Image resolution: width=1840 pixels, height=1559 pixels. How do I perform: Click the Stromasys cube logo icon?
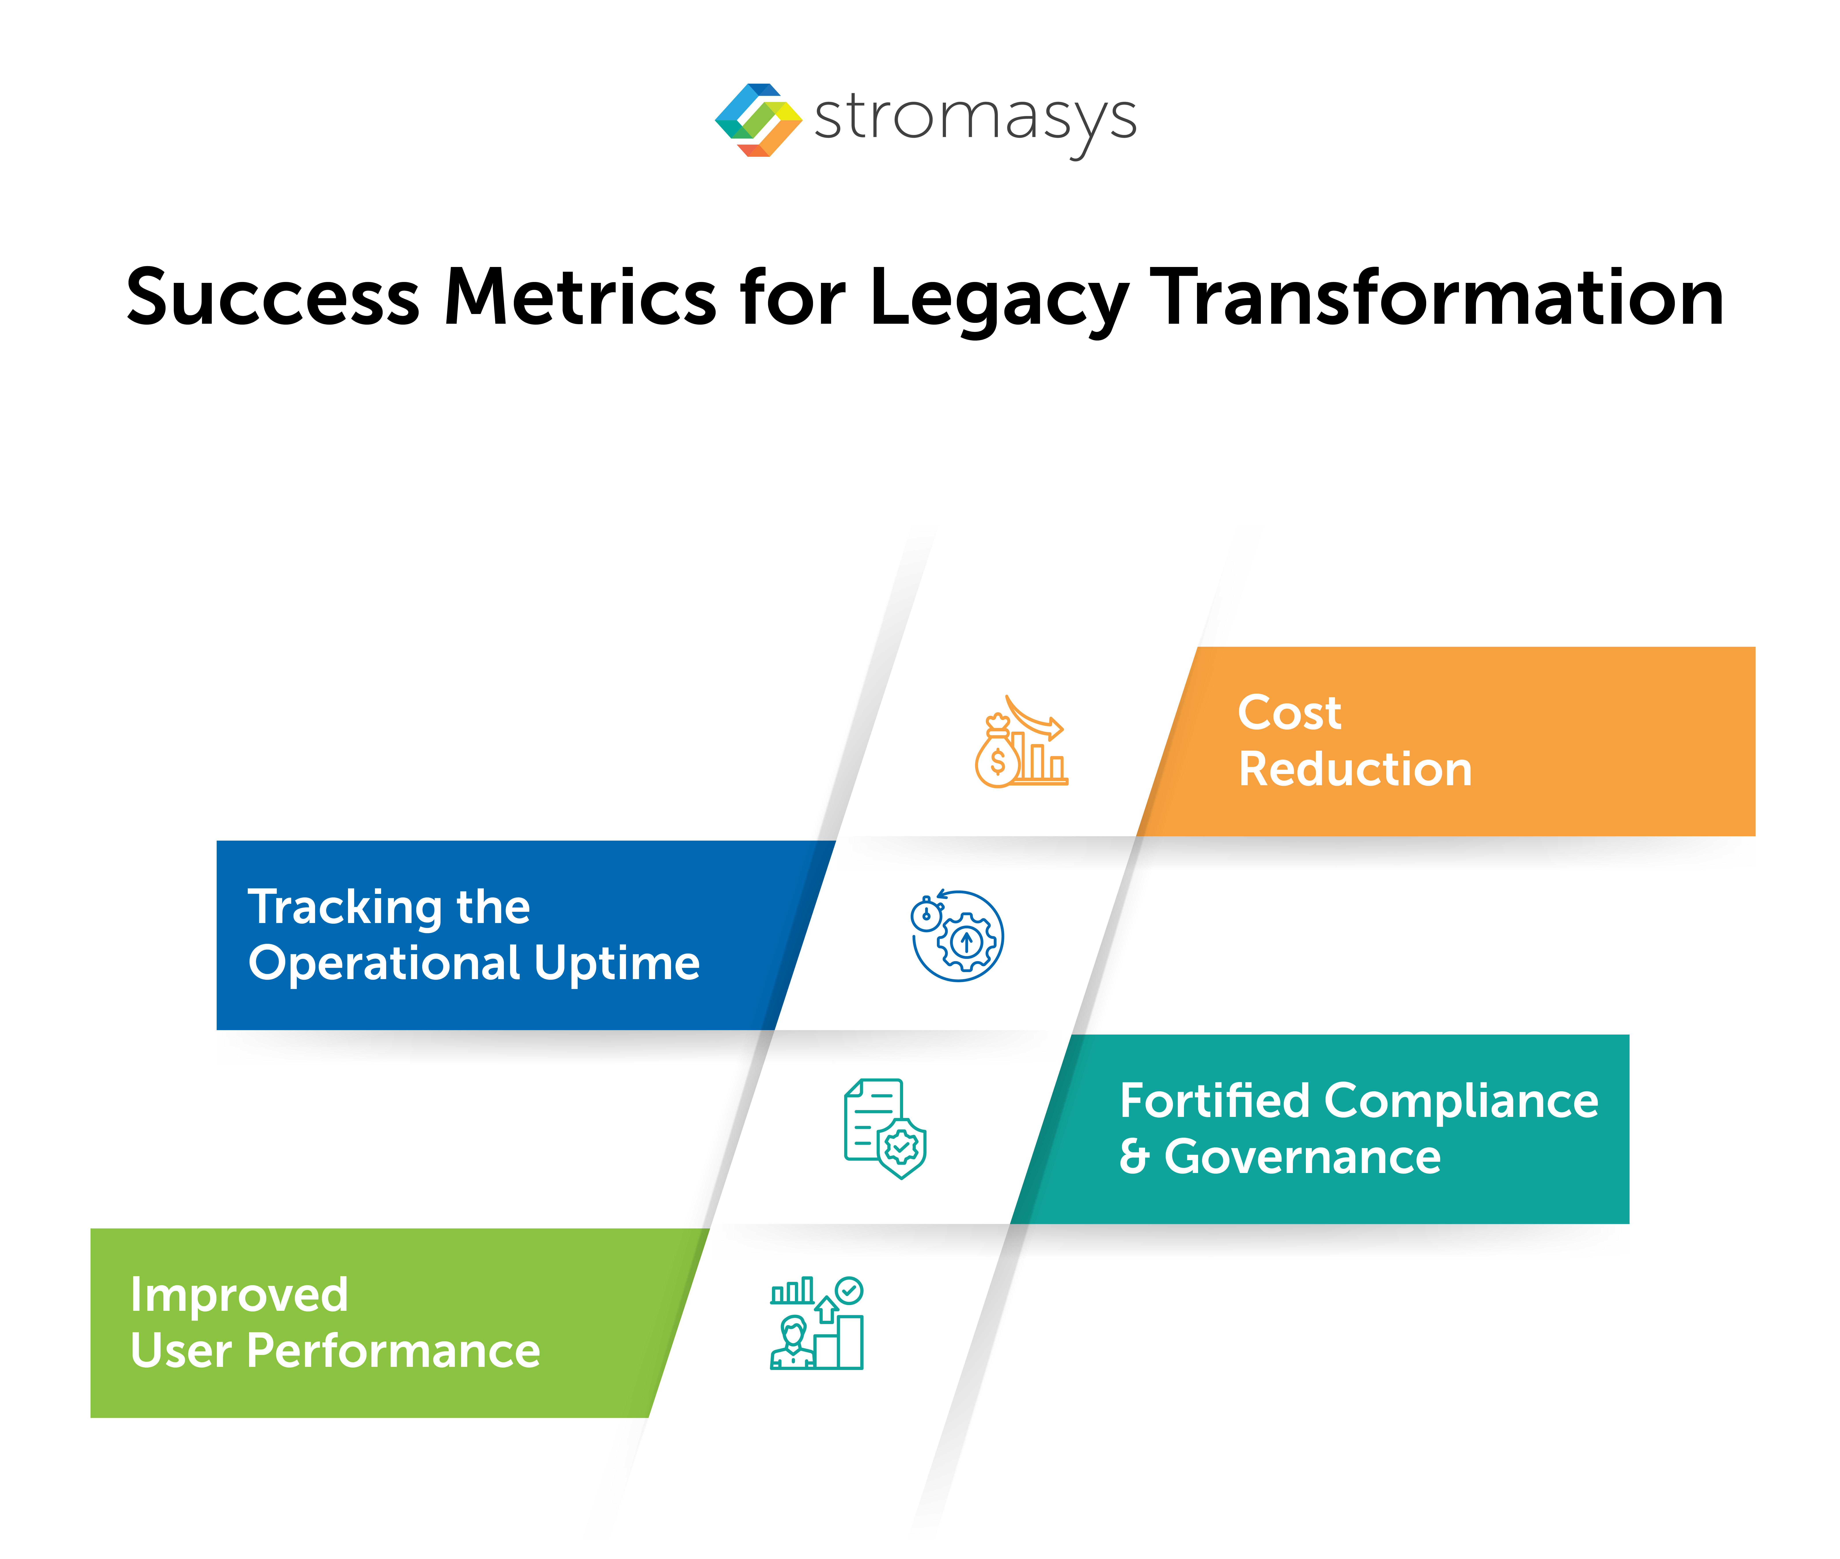pos(757,120)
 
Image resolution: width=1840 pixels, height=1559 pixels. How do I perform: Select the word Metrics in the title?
pos(580,298)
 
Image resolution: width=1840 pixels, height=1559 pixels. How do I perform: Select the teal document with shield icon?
pos(885,1129)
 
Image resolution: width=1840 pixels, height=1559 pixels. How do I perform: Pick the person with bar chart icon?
pos(817,1323)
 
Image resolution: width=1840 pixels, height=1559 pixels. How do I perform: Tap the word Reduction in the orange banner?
pos(1355,769)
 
